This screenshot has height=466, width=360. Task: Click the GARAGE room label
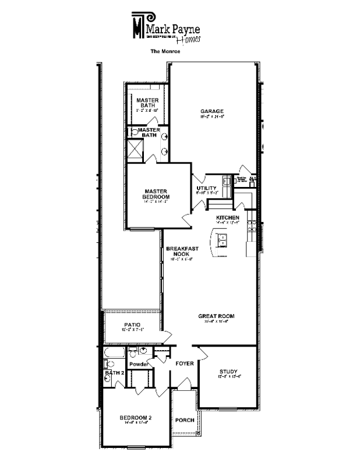pos(212,111)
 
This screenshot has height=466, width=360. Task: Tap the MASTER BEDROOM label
pos(156,194)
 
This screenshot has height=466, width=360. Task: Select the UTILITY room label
pos(207,188)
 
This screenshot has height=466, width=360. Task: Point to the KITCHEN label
pos(228,218)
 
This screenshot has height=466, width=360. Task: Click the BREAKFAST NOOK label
pos(182,251)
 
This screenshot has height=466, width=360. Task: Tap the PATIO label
pos(132,324)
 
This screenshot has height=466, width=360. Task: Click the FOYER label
pos(185,363)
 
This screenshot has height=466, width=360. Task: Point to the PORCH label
pos(185,419)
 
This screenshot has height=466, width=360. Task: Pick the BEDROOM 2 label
pos(136,418)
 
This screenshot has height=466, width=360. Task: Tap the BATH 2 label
pos(115,372)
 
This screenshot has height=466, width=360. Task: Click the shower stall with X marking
pos(136,150)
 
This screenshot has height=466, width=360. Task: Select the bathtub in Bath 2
pos(111,353)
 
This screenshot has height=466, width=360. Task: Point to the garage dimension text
pos(212,117)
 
